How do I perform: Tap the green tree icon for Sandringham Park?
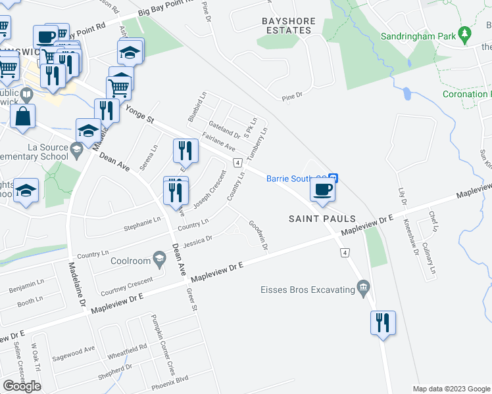(x=465, y=32)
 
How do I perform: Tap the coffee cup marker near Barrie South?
(x=322, y=190)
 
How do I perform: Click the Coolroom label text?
(x=129, y=257)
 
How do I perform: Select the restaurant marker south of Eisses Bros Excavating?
(x=382, y=323)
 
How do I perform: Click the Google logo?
(x=22, y=386)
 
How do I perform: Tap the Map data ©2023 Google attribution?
(x=451, y=389)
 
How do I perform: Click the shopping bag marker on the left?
(x=22, y=116)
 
